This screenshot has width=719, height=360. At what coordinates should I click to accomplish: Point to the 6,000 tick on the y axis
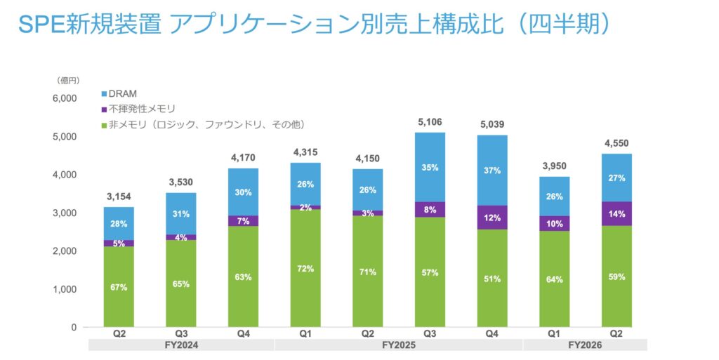tap(64, 98)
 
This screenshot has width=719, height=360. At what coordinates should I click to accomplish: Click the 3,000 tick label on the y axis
tap(64, 213)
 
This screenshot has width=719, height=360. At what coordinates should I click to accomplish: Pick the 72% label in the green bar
tap(305, 269)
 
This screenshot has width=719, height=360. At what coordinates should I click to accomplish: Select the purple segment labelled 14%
tap(616, 213)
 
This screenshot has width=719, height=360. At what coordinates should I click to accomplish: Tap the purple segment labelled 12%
tap(492, 218)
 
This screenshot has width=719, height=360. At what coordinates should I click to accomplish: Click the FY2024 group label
tap(180, 345)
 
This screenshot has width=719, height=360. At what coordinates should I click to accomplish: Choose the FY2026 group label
tap(585, 345)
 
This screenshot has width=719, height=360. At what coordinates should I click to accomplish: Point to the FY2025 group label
tap(398, 345)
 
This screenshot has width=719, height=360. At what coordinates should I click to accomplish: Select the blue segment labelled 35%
tap(430, 167)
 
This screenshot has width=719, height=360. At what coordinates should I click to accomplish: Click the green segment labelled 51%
tap(492, 279)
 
